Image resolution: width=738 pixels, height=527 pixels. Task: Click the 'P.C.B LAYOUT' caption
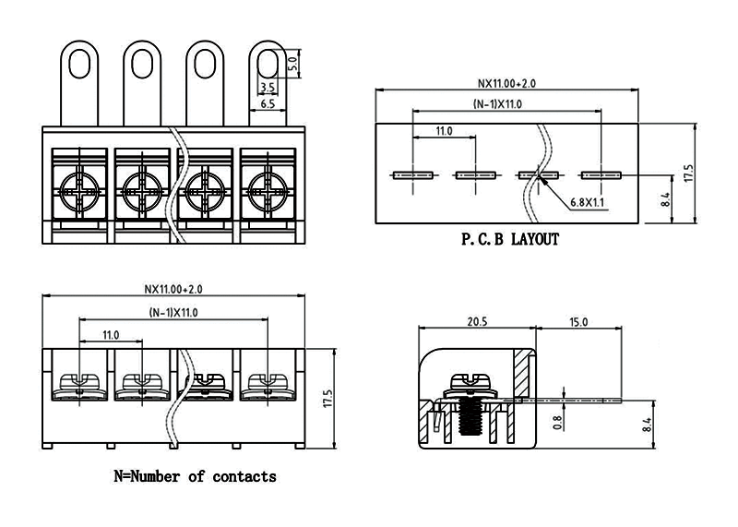[x=510, y=240]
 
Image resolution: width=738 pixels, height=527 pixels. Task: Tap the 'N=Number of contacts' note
[x=194, y=477]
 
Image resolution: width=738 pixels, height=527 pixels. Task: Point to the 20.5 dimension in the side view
[x=476, y=321]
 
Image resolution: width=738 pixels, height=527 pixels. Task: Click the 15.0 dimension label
[x=578, y=321]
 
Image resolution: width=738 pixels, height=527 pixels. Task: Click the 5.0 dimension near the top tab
[x=292, y=66]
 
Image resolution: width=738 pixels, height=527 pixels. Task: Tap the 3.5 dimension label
[x=268, y=88]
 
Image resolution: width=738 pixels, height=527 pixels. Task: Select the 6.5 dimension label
[x=268, y=104]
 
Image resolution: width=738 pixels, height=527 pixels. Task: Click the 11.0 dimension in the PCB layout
[x=444, y=132]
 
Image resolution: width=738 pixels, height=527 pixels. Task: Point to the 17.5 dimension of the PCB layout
[x=688, y=173]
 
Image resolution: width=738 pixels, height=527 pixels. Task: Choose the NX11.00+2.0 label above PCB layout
[x=506, y=83]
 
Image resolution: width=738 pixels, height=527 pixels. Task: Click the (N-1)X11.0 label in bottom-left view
[x=173, y=312]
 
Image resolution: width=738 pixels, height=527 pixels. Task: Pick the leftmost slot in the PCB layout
[x=412, y=174]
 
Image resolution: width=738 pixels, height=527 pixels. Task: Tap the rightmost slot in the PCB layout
[x=601, y=174]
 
